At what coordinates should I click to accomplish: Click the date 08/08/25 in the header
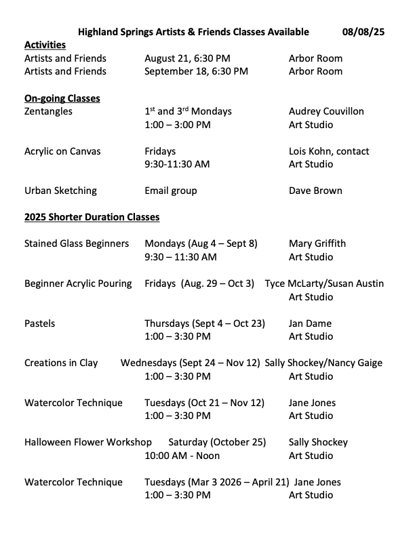[363, 32]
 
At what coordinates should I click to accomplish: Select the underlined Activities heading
[45, 45]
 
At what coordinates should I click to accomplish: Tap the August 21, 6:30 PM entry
[187, 58]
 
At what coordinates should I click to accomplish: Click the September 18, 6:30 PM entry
[196, 71]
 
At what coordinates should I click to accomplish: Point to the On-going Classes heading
[62, 98]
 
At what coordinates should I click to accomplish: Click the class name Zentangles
[48, 111]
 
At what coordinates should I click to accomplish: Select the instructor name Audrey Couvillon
[326, 111]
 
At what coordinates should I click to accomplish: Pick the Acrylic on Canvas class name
[62, 151]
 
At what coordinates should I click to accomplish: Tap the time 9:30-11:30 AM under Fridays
[177, 164]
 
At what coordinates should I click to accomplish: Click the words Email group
[171, 191]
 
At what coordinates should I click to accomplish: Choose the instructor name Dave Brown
[315, 191]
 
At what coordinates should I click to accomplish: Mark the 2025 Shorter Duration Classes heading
[92, 218]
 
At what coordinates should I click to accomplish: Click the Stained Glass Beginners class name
[77, 244]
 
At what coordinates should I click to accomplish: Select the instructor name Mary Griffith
[317, 244]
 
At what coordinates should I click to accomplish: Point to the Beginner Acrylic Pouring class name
[78, 283]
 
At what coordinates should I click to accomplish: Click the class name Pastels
[40, 323]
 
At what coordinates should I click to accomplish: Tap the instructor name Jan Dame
[311, 323]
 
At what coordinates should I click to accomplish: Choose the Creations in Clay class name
[61, 363]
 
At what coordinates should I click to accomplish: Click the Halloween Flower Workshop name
[88, 442]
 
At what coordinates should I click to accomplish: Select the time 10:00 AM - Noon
[182, 456]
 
